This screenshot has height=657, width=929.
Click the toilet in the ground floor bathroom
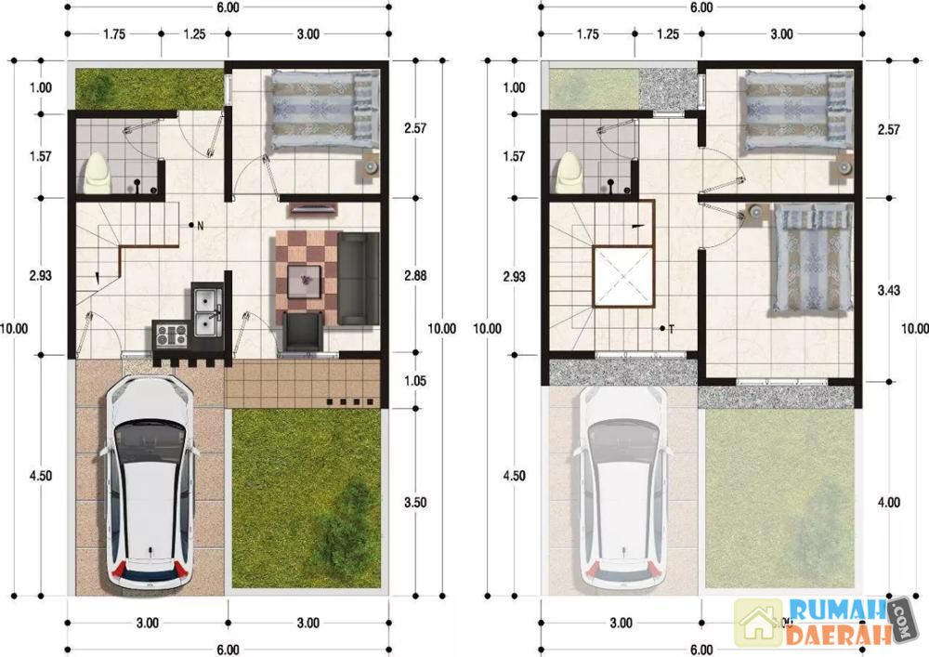[x=98, y=174]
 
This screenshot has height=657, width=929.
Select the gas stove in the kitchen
[x=171, y=335]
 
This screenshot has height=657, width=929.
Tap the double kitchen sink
[x=207, y=311]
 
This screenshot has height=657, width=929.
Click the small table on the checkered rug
[x=304, y=281]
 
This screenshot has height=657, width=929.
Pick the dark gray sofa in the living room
[x=359, y=279]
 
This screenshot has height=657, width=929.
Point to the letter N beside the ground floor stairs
[x=201, y=226]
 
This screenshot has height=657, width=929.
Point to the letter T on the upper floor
[x=672, y=329]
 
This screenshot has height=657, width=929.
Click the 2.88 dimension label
[x=415, y=275]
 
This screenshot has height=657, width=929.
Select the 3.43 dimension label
[x=889, y=290]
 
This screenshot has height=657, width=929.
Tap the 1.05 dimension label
[x=415, y=381]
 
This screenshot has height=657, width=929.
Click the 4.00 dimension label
[x=889, y=503]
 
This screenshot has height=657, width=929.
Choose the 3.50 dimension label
[x=415, y=503]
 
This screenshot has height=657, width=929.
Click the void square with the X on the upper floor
[x=623, y=277]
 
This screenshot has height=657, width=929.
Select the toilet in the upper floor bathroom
[x=571, y=174]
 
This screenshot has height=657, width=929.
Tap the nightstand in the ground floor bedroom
[x=369, y=167]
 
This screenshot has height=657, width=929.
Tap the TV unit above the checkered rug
[x=312, y=208]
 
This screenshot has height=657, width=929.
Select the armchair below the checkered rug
[x=304, y=333]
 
